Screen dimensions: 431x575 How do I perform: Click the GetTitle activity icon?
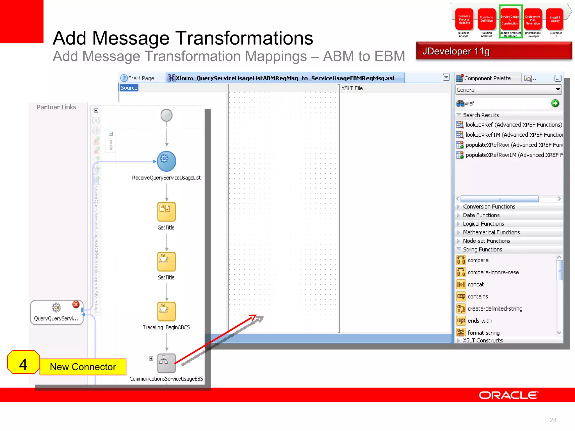pos(166,212)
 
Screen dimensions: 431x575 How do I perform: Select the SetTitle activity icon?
pos(166,262)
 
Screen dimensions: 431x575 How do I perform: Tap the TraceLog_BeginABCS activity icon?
pos(166,311)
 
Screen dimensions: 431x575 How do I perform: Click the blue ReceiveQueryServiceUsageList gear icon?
pos(166,161)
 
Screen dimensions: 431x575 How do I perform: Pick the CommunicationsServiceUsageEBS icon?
pos(166,363)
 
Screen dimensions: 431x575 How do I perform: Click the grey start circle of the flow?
pos(166,115)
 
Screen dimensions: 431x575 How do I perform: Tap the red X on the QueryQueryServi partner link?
pos(76,304)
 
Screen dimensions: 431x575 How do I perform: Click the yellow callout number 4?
pos(23,364)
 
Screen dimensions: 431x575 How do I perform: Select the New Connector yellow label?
pos(83,367)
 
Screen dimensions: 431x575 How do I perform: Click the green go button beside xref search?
pos(555,103)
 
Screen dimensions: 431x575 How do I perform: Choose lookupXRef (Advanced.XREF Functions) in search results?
pos(513,125)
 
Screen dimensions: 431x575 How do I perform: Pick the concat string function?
pos(476,284)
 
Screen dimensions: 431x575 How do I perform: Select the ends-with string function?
pos(480,320)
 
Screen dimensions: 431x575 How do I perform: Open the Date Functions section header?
pos(481,215)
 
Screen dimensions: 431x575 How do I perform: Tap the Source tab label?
pos(129,88)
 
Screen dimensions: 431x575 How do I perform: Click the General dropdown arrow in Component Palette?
pos(558,90)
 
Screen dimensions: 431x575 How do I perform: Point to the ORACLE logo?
pos(508,395)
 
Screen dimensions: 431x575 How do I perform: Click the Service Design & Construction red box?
pos(510,20)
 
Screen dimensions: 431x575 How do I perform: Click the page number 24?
pos(553,420)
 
